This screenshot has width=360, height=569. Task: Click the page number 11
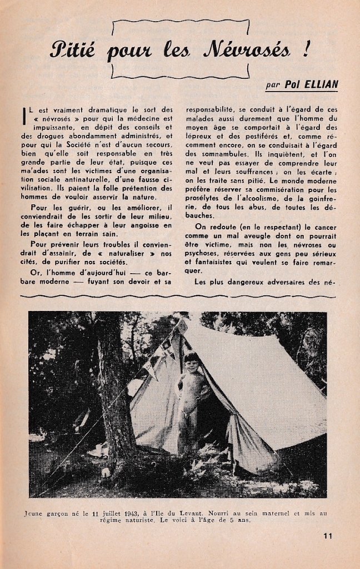327,536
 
